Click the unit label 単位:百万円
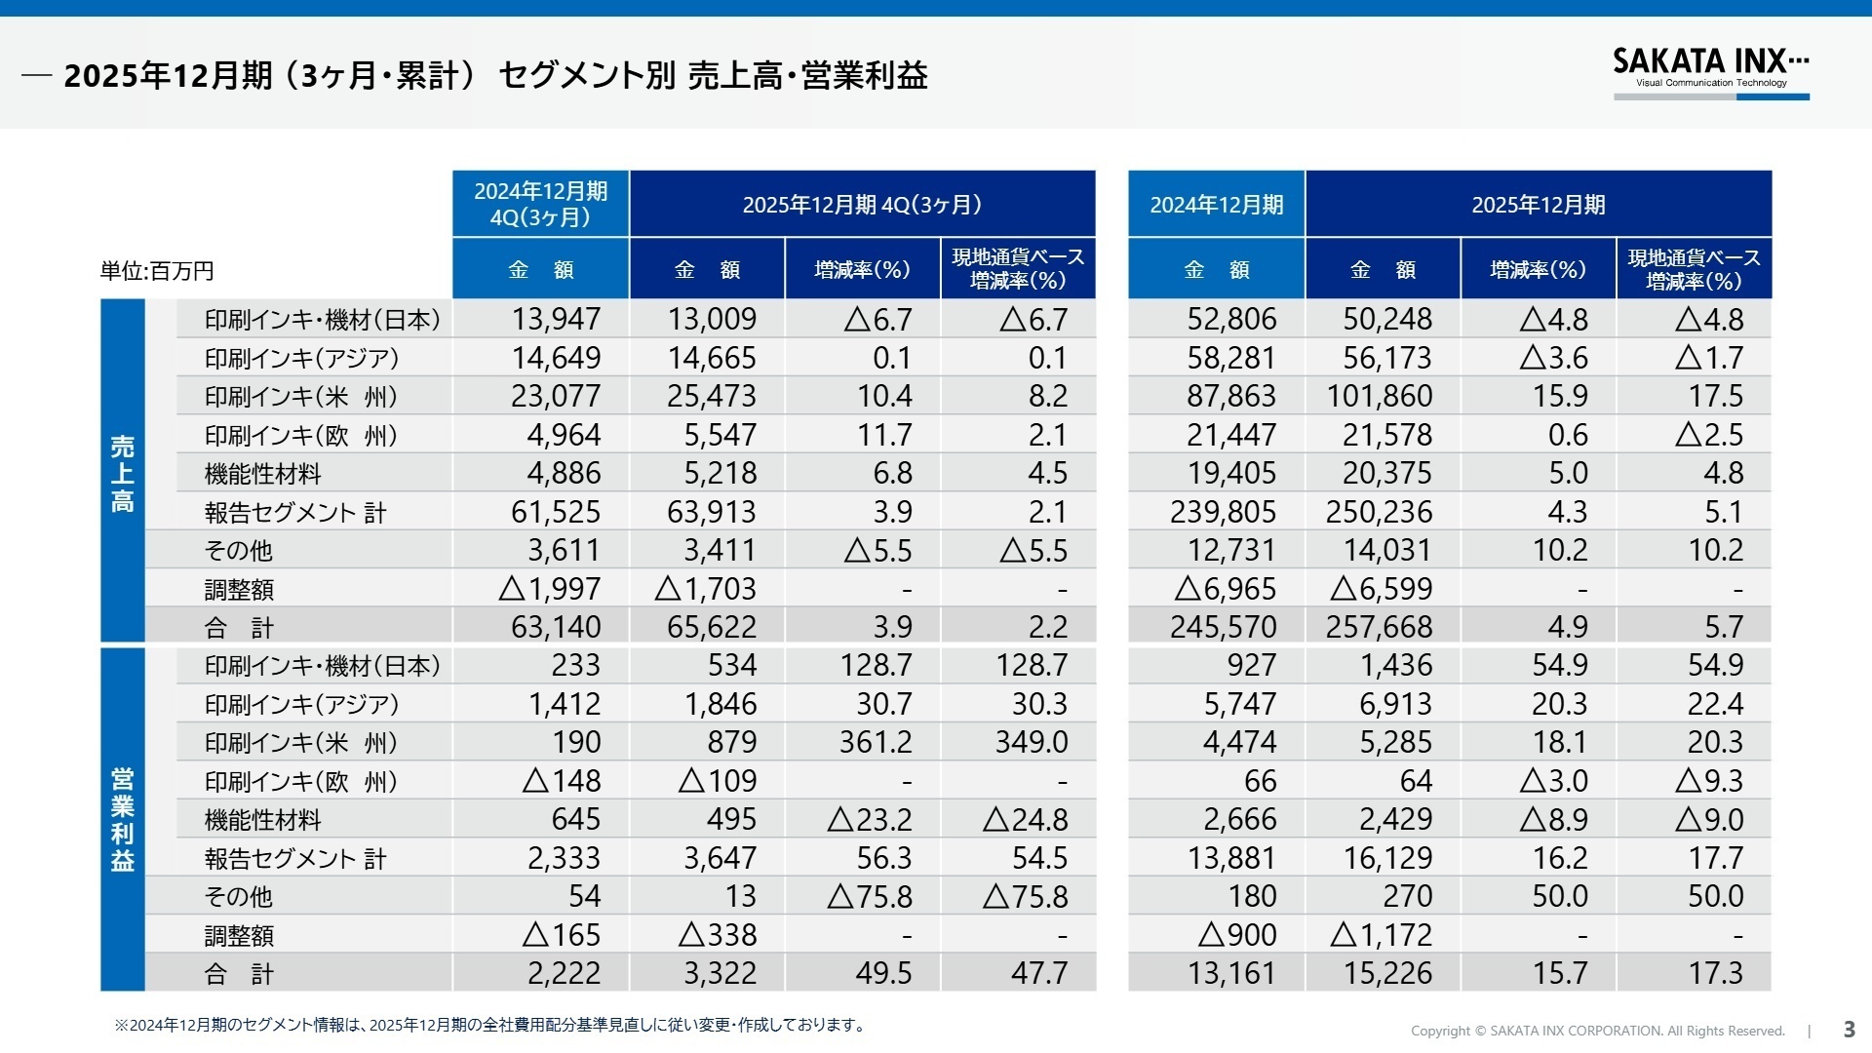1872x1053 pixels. (157, 271)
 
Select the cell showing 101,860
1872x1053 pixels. (1379, 396)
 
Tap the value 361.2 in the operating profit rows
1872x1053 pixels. (876, 742)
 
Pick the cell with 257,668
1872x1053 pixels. (1379, 627)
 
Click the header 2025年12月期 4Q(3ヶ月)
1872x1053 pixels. (862, 205)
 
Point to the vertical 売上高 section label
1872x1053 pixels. (122, 474)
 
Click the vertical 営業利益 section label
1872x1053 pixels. (122, 819)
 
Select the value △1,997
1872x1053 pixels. (549, 589)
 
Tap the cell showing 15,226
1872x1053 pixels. (1387, 973)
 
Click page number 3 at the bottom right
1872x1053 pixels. (1849, 1030)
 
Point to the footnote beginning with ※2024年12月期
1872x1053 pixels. (489, 1025)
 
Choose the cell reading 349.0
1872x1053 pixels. (1031, 742)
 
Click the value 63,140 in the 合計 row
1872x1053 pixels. (556, 627)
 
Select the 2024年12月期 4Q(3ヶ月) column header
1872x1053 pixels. (540, 204)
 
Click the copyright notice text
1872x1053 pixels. (1597, 1031)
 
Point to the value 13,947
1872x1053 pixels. (556, 319)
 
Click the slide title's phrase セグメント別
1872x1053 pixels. (587, 75)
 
